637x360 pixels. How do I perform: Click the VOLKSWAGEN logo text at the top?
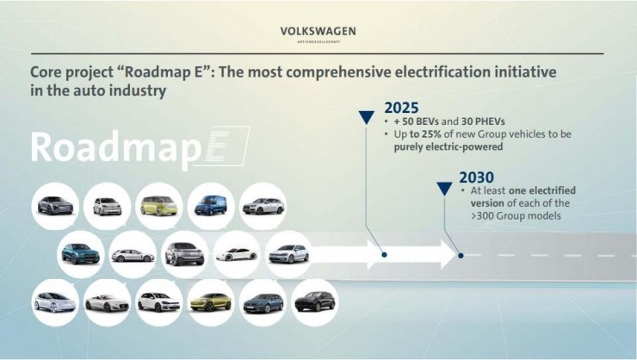tap(318, 31)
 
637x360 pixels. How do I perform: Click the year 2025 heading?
tap(402, 109)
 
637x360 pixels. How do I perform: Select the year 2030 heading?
tap(477, 178)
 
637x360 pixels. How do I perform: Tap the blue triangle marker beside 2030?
tap(444, 188)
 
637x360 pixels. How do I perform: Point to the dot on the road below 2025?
tap(384, 255)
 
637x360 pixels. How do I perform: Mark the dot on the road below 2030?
tap(461, 255)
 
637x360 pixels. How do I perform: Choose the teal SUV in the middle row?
tap(81, 254)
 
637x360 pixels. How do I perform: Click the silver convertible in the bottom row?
tap(107, 302)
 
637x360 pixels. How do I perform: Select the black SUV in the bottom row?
tap(314, 302)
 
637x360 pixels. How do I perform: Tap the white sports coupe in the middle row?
tap(236, 254)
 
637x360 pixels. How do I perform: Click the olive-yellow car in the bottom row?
tap(211, 302)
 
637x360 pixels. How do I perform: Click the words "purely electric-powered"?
tap(448, 147)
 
